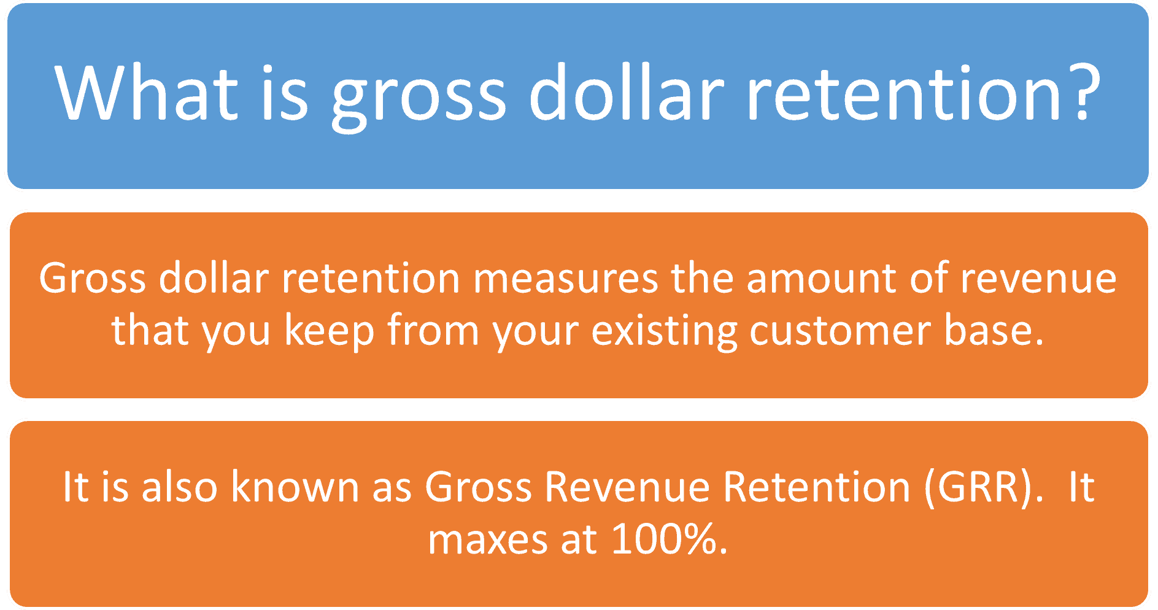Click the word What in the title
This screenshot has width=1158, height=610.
click(146, 93)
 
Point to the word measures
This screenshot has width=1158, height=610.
click(565, 279)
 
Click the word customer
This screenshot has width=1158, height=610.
click(840, 331)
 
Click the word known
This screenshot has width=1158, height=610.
click(295, 487)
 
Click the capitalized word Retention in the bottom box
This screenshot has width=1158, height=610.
click(816, 487)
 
